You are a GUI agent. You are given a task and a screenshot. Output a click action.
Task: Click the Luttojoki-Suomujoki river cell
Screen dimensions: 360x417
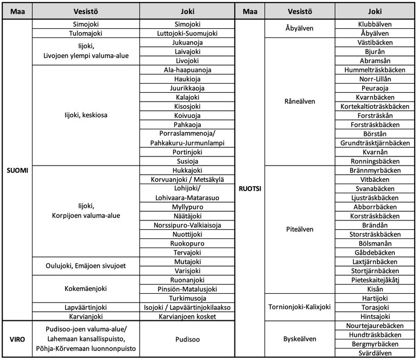point(187,33)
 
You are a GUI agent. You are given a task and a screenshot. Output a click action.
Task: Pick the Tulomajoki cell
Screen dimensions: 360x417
point(85,33)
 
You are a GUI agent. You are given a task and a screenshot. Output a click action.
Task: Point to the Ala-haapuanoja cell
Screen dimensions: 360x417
point(187,70)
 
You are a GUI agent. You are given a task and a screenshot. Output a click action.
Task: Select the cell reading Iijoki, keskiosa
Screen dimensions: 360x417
point(85,115)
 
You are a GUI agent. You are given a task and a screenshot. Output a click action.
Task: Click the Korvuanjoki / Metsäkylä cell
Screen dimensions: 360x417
point(187,179)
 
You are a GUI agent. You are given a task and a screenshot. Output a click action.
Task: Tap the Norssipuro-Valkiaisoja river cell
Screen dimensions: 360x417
point(187,225)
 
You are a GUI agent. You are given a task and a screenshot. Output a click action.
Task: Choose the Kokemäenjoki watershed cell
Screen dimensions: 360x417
point(85,288)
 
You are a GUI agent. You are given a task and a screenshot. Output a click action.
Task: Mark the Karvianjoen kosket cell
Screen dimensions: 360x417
point(187,316)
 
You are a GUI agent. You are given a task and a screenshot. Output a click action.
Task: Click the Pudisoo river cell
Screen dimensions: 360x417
point(187,339)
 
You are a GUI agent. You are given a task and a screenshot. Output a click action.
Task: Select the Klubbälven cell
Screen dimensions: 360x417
point(375,24)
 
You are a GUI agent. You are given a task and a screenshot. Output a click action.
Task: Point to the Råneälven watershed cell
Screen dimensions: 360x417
point(299,102)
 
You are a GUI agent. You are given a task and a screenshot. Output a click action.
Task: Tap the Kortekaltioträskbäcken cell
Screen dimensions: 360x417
point(375,106)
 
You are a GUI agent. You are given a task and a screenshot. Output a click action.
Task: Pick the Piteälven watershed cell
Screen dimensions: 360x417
point(299,229)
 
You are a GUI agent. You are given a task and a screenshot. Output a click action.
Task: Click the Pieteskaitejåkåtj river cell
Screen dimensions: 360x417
point(375,280)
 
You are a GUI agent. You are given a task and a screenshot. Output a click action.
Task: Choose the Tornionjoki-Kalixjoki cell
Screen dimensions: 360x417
point(299,307)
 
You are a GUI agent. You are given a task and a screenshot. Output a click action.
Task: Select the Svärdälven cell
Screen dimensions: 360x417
point(375,352)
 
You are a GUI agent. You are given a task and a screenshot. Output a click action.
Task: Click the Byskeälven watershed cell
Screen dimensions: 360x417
point(299,339)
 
